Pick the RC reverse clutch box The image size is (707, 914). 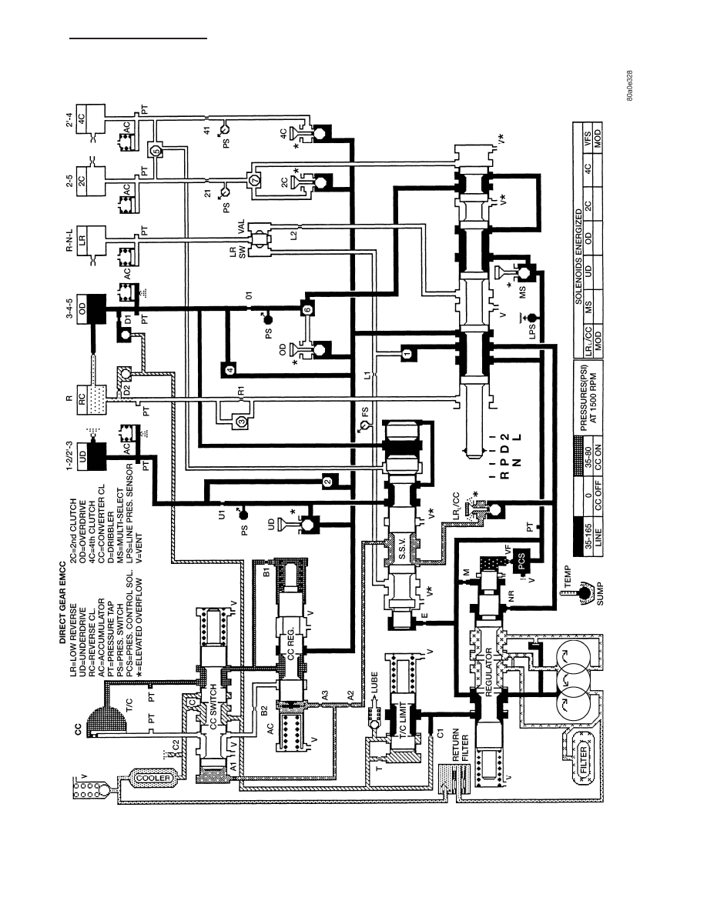pyautogui.click(x=90, y=399)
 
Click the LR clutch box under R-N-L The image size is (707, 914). pyautogui.click(x=90, y=239)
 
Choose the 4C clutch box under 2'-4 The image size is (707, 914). pyautogui.click(x=90, y=119)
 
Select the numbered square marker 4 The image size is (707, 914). pyautogui.click(x=229, y=369)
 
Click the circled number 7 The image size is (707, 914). pyautogui.click(x=253, y=180)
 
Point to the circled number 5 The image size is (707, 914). pyautogui.click(x=156, y=151)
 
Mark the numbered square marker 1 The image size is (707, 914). pyautogui.click(x=407, y=352)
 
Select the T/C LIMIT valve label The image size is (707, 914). pyautogui.click(x=403, y=718)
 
